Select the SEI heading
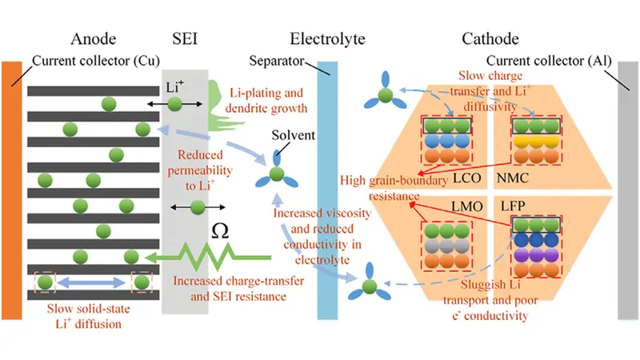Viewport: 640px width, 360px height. click(x=186, y=38)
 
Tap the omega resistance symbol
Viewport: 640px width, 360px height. click(x=220, y=231)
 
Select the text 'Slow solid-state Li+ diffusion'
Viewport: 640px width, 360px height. click(x=88, y=314)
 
